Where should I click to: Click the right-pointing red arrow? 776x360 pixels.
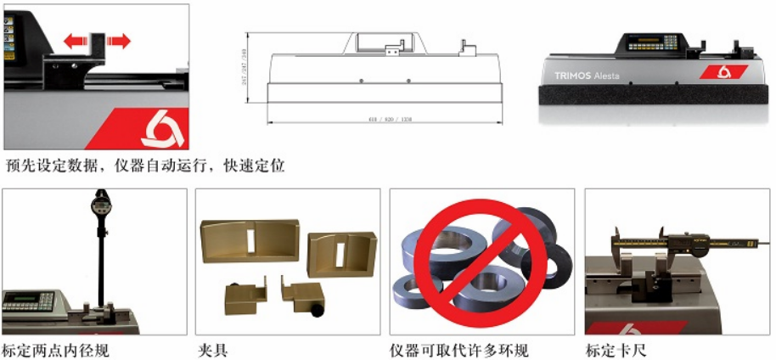coord(118,39)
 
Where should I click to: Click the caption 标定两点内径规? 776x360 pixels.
coord(56,350)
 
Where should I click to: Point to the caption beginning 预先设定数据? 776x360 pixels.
coord(144,165)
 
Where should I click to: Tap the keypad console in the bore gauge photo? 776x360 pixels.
coord(30,301)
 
